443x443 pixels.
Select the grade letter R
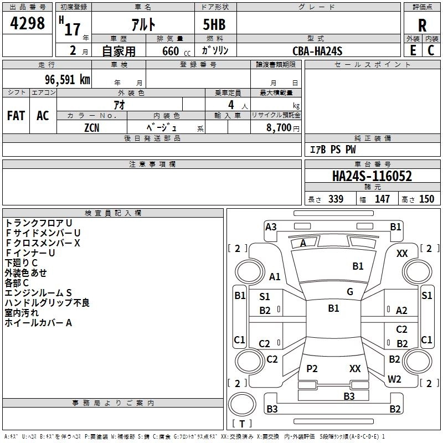point(422,25)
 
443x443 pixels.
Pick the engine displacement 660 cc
point(169,51)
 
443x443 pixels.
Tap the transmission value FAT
point(16,116)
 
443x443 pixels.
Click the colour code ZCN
point(92,127)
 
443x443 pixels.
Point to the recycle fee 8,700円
point(282,127)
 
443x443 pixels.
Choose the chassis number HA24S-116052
point(372,176)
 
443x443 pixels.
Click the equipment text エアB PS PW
point(332,150)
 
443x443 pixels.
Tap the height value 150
point(426,199)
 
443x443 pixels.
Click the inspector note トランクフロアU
point(38,223)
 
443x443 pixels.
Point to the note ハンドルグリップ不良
point(47,303)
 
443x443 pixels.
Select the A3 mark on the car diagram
point(271,226)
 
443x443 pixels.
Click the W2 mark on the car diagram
point(394,379)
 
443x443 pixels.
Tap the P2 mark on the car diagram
point(312,368)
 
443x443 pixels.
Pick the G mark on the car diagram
point(350,292)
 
